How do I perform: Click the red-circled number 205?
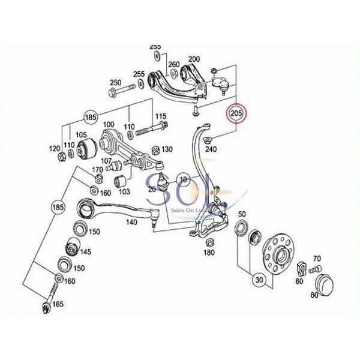[236, 112]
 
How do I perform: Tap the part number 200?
[194, 59]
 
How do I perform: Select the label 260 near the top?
[174, 64]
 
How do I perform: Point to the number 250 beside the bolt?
[115, 82]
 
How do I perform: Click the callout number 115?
[161, 116]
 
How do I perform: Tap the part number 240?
[211, 149]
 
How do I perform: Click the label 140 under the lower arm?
[131, 221]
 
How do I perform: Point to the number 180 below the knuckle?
[209, 253]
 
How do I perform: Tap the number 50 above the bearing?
[242, 215]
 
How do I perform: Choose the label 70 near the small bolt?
[316, 258]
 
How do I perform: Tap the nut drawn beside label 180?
[210, 242]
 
